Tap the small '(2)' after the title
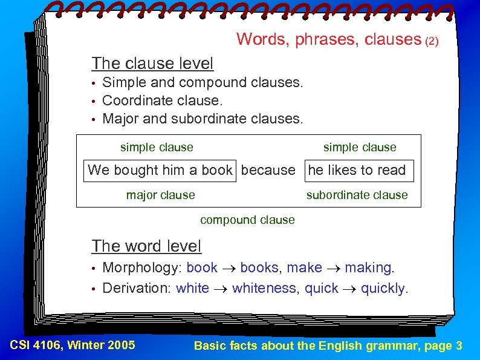coord(432,42)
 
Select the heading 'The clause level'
coord(152,64)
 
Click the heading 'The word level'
coord(146,246)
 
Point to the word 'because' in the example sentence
coord(268,171)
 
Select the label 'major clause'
coord(160,195)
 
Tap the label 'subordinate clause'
coord(357,195)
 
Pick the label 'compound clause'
coord(247,220)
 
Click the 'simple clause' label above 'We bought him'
coord(157,148)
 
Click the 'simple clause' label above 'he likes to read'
coord(360,148)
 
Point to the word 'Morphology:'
coord(142,268)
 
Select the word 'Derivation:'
coord(137,289)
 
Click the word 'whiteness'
coord(264,289)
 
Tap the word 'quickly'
coord(383,289)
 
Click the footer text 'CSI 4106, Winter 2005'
coord(73,345)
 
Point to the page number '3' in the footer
coord(459,346)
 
